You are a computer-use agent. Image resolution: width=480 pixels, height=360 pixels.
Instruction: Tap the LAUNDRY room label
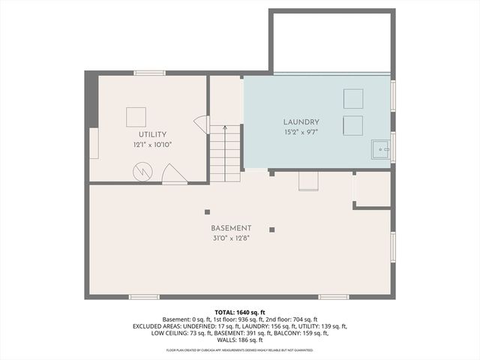click(x=301, y=121)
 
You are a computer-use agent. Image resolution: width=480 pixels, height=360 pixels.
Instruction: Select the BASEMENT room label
click(x=231, y=228)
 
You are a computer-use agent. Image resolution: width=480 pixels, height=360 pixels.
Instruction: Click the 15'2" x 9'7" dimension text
click(x=301, y=133)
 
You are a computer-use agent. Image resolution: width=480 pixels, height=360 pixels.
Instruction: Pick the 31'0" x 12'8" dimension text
click(x=231, y=238)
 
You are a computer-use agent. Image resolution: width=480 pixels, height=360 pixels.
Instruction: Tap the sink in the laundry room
click(x=381, y=151)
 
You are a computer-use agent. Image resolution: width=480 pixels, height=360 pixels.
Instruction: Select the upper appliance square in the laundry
click(x=353, y=98)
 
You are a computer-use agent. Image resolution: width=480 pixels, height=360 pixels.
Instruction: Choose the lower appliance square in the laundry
click(x=353, y=124)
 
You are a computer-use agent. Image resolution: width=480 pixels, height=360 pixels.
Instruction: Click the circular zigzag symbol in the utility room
click(x=142, y=172)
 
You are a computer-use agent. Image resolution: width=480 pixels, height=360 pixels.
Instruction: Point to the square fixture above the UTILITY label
click(x=136, y=116)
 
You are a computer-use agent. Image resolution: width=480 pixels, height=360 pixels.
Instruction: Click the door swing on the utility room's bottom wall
click(x=174, y=175)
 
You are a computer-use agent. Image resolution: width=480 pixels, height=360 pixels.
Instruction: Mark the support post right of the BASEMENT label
click(x=272, y=229)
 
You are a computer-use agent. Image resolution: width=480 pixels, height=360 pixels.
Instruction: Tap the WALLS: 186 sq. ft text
click(x=240, y=342)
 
